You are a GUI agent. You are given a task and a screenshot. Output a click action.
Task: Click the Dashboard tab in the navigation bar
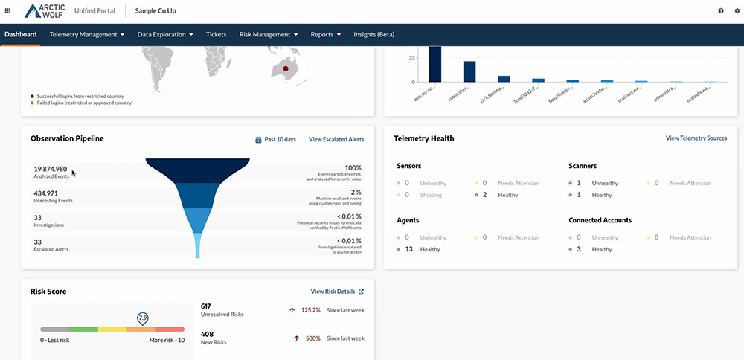click(20, 34)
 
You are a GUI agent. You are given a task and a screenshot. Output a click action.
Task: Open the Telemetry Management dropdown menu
click(86, 34)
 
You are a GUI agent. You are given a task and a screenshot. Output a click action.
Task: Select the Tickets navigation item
click(216, 34)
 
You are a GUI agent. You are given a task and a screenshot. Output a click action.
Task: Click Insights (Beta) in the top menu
click(373, 34)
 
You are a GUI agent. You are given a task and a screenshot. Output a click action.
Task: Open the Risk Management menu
click(268, 34)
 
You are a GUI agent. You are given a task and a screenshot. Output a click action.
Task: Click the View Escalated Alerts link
click(336, 139)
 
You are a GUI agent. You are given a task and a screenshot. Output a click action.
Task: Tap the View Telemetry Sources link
click(696, 138)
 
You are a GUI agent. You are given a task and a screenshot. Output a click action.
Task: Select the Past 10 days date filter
click(276, 139)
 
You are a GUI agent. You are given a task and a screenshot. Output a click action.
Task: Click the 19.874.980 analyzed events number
click(51, 169)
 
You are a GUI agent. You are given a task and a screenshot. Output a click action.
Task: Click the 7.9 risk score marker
click(142, 318)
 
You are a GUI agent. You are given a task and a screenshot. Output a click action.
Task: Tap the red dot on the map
click(284, 69)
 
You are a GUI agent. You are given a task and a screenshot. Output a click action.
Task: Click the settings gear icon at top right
click(737, 11)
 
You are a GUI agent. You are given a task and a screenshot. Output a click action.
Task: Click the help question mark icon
click(720, 11)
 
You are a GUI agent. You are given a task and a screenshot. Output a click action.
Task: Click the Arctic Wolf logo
click(45, 11)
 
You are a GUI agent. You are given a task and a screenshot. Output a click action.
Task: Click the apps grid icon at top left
click(7, 11)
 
